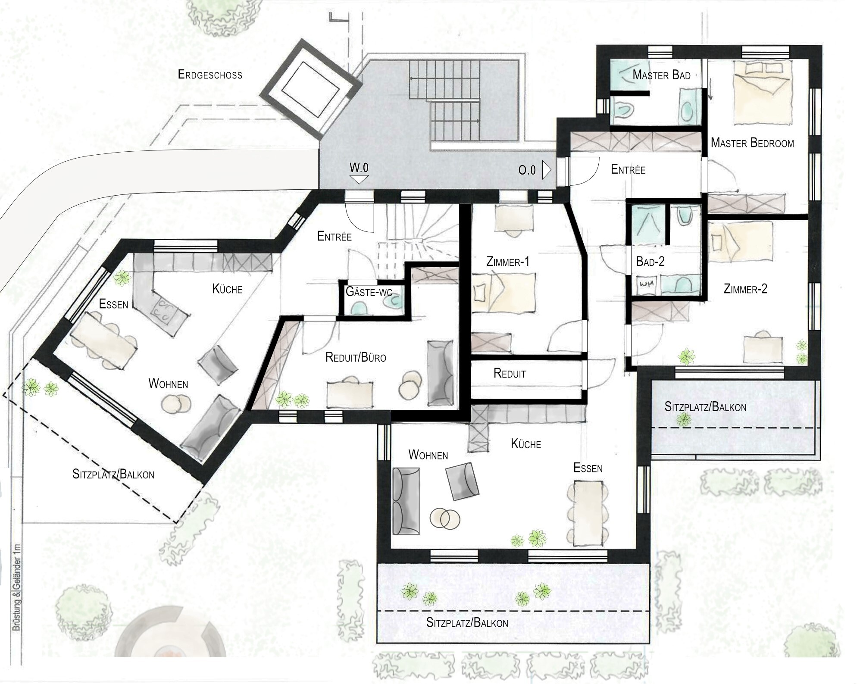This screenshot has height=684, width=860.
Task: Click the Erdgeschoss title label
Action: tap(210, 75)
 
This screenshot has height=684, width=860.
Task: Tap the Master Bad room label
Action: tap(661, 75)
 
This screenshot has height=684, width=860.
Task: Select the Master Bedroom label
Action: tap(752, 143)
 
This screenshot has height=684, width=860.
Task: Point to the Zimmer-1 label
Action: tap(507, 262)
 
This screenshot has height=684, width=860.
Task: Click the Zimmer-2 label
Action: tap(745, 289)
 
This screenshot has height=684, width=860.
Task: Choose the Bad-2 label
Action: tap(650, 262)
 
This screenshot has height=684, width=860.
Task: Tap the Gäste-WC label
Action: tap(369, 292)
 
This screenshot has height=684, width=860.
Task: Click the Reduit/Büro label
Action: tap(356, 357)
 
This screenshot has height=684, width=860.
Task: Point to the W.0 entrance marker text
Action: tap(359, 167)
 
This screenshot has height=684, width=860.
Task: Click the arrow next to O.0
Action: tap(547, 170)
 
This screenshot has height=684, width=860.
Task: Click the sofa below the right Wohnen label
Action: tap(406, 501)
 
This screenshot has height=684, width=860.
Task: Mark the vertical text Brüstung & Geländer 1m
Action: tap(16, 587)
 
